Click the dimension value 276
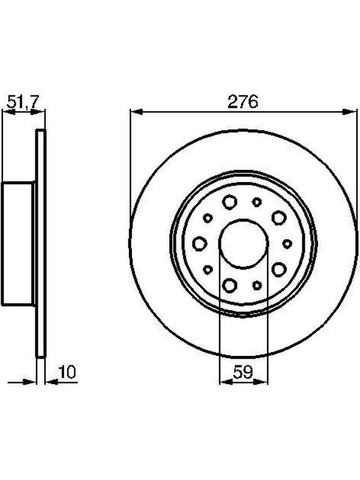point(243,101)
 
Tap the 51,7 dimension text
point(23,101)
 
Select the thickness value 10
point(67,371)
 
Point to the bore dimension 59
point(243,372)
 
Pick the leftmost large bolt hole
point(200,244)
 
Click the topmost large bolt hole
point(230,202)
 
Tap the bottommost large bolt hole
point(230,285)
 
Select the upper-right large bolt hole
point(278,218)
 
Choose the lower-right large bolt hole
point(278,269)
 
